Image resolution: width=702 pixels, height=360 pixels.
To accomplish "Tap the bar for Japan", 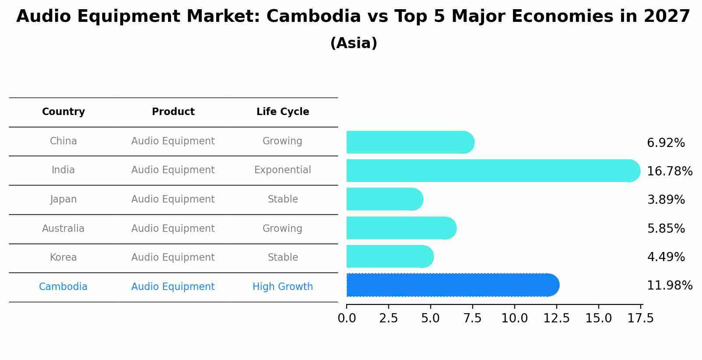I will click(384, 199).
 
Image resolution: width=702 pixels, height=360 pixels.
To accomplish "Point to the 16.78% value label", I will click(669, 171).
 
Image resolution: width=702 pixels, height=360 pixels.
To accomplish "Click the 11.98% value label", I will click(669, 286).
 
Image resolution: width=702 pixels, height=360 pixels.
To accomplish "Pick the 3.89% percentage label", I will click(666, 200).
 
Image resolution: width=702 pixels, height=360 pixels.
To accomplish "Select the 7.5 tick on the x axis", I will click(472, 318).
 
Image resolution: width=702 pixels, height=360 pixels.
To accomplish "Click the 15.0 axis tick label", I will click(598, 318).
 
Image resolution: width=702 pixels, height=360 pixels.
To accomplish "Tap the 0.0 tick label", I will click(347, 318).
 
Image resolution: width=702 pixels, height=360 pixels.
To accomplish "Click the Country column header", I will click(63, 112).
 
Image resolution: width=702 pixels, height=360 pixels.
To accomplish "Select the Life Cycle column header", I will click(283, 112).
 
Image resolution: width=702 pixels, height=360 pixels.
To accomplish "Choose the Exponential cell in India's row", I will click(283, 170).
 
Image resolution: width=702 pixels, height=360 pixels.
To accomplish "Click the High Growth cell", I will click(283, 287).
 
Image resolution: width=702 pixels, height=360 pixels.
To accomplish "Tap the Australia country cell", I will click(63, 229).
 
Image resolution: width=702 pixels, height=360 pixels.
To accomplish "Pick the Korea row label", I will click(63, 258).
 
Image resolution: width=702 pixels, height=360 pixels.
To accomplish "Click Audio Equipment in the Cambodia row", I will click(173, 287).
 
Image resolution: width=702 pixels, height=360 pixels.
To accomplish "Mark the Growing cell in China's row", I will click(282, 141).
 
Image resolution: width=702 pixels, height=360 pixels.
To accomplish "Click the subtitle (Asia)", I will click(354, 43).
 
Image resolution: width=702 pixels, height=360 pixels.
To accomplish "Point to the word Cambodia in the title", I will click(313, 17).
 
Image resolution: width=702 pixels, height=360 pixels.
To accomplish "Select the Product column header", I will click(173, 112).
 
